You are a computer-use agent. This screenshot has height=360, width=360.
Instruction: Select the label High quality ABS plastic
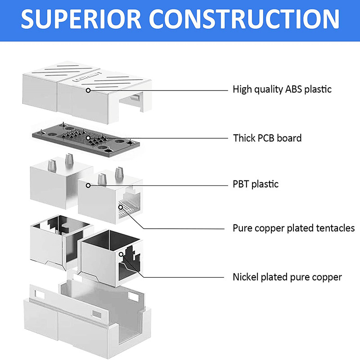click(282, 89)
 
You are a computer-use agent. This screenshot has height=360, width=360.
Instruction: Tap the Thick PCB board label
click(267, 138)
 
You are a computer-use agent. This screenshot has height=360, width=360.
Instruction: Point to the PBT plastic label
click(256, 184)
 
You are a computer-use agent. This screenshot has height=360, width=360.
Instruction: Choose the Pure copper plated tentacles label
click(293, 228)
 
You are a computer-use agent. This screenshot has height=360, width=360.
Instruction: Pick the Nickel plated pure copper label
click(287, 277)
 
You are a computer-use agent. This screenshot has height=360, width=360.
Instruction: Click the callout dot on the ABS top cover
click(89, 90)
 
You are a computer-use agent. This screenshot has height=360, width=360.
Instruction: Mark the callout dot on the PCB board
click(88, 137)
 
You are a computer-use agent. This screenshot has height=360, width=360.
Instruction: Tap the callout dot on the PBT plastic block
click(89, 185)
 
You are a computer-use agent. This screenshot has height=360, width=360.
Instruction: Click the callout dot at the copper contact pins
click(120, 207)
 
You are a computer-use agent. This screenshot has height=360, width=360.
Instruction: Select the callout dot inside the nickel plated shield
click(121, 255)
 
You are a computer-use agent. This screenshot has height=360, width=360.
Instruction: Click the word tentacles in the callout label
click(333, 228)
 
